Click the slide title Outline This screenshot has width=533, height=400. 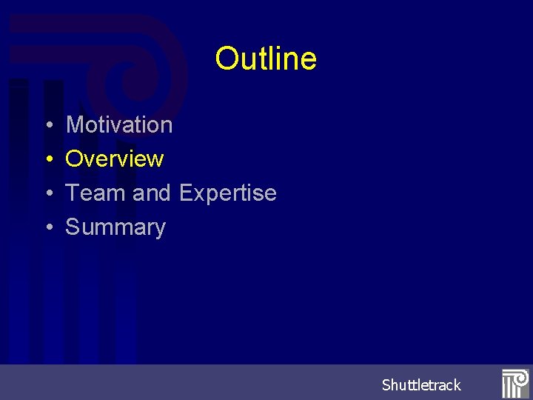click(266, 59)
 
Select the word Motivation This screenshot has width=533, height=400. click(119, 125)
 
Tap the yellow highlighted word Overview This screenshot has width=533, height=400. click(115, 159)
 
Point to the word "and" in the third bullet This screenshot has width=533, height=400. click(152, 193)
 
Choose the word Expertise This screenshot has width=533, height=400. click(228, 193)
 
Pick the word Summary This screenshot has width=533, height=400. click(115, 227)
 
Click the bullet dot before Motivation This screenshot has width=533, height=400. click(47, 126)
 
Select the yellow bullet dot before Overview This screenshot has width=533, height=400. click(47, 160)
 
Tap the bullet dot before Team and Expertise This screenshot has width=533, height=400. click(47, 194)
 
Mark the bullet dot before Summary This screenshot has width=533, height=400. click(47, 228)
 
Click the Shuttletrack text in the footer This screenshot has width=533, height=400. click(421, 385)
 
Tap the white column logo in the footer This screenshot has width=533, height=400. click(515, 384)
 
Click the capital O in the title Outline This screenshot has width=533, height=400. click(226, 59)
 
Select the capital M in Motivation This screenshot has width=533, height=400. click(76, 125)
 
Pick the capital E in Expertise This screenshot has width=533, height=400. click(187, 193)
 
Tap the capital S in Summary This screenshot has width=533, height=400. click(73, 227)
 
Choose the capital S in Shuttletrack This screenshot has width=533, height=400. click(386, 385)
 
